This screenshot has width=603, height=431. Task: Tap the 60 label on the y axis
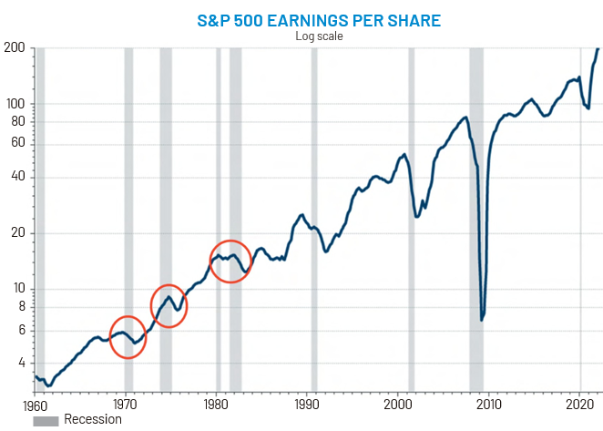coord(15,143)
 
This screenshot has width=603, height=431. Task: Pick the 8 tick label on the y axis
coord(19,306)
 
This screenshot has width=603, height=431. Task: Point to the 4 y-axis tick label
coord(19,363)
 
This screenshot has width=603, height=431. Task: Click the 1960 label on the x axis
coord(34,405)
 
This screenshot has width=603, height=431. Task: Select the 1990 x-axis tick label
coord(307,405)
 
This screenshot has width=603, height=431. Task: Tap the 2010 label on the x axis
coord(489,405)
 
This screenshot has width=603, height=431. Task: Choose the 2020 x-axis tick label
coord(580,405)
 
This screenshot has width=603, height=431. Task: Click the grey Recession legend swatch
coord(46,420)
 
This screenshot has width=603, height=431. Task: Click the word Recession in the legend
coord(92,420)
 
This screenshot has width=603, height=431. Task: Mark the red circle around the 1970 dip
coord(128,336)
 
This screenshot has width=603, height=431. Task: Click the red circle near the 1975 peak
coord(169,306)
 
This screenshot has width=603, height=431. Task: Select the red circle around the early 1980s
coord(230,262)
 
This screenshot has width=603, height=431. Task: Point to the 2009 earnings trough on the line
coord(482,320)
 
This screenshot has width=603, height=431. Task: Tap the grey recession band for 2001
coord(411,219)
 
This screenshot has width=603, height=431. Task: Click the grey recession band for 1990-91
coord(314,219)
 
